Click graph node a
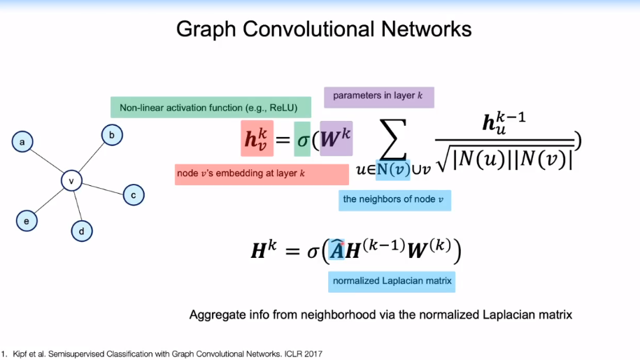[22, 143]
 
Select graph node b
[112, 135]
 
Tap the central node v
[71, 181]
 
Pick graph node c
[134, 195]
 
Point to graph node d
[82, 230]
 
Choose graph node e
[27, 222]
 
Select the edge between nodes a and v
[47, 162]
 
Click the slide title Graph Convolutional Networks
[323, 29]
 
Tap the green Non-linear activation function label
[210, 108]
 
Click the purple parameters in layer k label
[378, 96]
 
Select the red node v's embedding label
[262, 173]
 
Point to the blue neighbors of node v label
[394, 200]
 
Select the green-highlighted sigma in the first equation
[302, 138]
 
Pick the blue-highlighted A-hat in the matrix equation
[338, 251]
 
